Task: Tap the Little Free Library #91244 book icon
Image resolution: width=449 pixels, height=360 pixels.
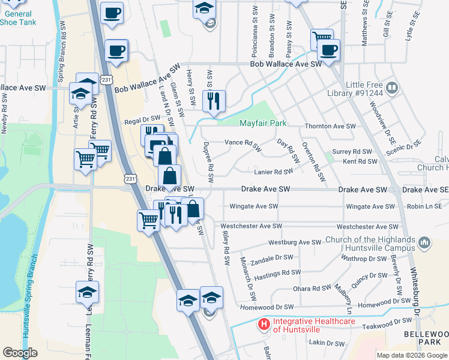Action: pyautogui.click(x=392, y=88)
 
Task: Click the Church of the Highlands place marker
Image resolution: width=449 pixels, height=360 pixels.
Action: pyautogui.click(x=424, y=243)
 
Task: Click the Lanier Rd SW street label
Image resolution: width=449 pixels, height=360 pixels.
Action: pyautogui.click(x=273, y=172)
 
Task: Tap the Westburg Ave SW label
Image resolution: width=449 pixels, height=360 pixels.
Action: pyautogui.click(x=295, y=242)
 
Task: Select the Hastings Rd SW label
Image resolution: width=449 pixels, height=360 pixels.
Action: pyautogui.click(x=277, y=272)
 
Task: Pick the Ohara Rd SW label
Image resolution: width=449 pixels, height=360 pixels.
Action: pyautogui.click(x=312, y=289)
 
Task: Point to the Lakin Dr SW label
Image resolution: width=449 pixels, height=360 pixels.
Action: pyautogui.click(x=327, y=343)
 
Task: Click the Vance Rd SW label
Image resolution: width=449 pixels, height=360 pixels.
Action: pyautogui.click(x=243, y=144)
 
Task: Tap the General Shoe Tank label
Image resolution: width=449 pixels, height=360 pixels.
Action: pyautogui.click(x=18, y=18)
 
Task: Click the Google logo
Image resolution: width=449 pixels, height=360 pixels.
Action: pyautogui.click(x=20, y=352)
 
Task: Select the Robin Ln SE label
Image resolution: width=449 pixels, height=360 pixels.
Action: pyautogui.click(x=427, y=206)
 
